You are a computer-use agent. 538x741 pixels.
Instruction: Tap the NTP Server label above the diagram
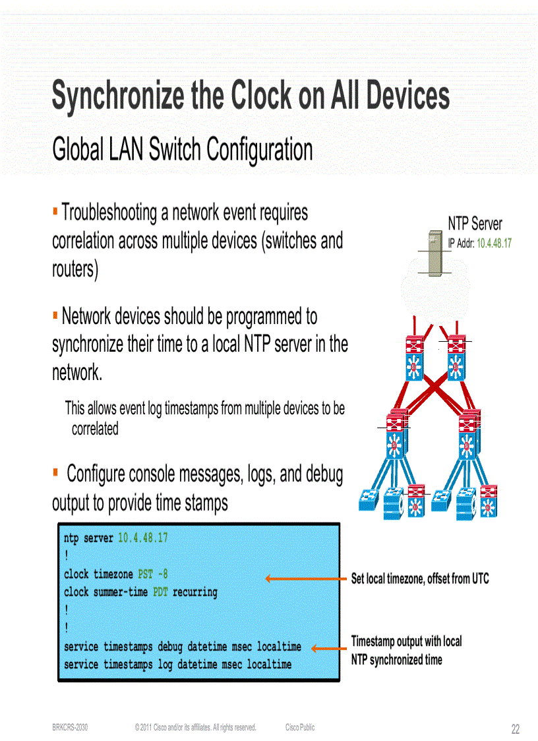475,224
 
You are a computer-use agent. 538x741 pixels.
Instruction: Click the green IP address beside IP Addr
494,243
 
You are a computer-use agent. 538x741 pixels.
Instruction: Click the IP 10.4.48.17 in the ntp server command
142,538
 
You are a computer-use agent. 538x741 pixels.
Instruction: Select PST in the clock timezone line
145,574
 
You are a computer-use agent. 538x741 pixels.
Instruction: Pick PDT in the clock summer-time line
160,592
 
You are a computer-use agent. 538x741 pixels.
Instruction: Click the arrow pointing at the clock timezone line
307,579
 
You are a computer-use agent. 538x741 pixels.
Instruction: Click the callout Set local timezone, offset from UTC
420,579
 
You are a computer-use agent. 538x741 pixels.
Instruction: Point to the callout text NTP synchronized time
396,659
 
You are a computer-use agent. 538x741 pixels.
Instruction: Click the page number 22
515,729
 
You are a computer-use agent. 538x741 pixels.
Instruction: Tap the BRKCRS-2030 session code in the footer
70,727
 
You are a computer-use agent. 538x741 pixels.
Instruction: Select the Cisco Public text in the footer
300,727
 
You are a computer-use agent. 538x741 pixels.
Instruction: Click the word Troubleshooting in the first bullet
109,213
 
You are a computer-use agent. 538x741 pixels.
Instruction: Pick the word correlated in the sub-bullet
95,429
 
